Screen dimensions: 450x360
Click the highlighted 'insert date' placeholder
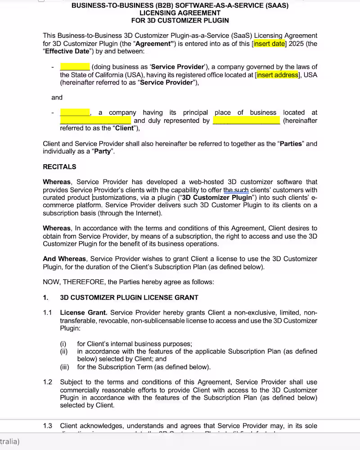(269, 44)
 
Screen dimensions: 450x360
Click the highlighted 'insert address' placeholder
(277, 75)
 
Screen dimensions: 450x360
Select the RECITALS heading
(59, 166)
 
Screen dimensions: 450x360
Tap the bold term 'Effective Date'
(67, 51)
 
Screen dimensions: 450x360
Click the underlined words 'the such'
(236, 190)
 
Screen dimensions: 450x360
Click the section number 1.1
(48, 313)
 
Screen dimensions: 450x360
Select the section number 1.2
(48, 382)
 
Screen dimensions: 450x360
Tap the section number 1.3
(48, 426)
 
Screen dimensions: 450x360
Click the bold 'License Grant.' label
(83, 313)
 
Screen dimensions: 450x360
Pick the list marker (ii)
(64, 351)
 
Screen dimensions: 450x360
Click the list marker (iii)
(65, 367)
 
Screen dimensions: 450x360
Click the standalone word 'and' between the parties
(57, 97)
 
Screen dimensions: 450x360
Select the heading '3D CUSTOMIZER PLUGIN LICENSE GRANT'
(129, 297)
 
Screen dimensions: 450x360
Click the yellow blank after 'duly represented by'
(246, 121)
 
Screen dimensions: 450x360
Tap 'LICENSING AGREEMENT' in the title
(180, 13)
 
